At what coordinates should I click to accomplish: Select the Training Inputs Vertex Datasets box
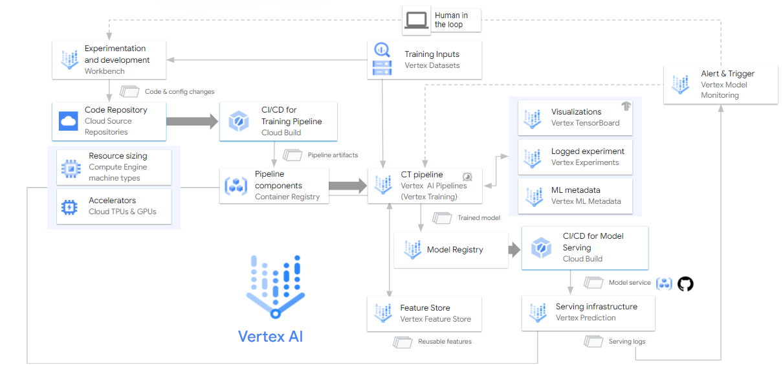(425, 60)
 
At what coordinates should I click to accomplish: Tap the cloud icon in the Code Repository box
(69, 121)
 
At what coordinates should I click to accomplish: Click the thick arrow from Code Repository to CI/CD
(193, 121)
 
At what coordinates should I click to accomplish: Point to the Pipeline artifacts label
(333, 155)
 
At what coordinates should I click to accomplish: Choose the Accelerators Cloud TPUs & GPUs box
(114, 206)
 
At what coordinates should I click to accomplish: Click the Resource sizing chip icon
(69, 168)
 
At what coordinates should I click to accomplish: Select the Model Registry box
(451, 250)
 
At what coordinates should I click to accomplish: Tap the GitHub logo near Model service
(685, 283)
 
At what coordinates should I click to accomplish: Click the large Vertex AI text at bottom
(270, 337)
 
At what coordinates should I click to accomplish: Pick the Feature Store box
(425, 314)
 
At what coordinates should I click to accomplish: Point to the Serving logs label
(626, 341)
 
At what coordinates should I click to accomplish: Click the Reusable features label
(445, 341)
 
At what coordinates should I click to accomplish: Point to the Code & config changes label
(179, 92)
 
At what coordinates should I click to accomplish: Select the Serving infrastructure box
(588, 313)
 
